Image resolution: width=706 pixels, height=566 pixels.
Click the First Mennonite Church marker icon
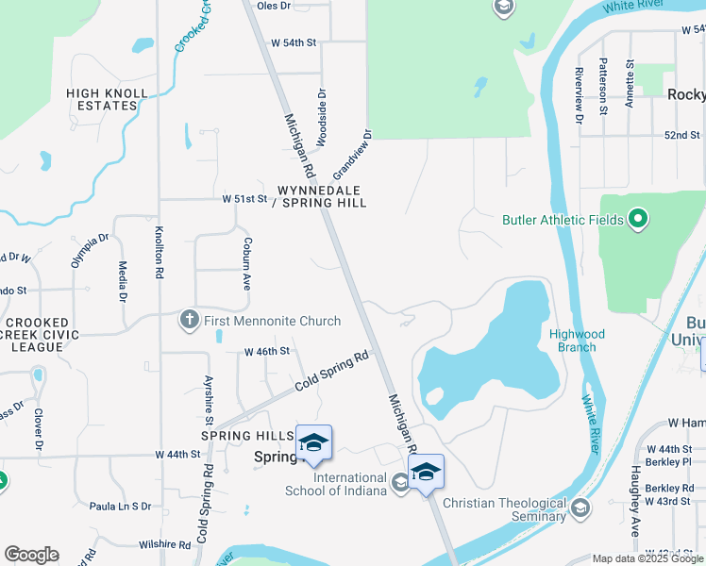click(189, 322)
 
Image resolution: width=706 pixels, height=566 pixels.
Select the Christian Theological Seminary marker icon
click(580, 509)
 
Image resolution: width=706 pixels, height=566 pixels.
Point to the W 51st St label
click(245, 199)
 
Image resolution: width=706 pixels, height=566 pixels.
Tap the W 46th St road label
click(266, 351)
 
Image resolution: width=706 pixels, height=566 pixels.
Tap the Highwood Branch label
click(577, 341)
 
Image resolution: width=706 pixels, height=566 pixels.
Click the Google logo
click(31, 555)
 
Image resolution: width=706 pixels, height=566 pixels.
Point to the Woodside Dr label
click(322, 118)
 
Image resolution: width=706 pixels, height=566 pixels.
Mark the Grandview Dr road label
click(353, 156)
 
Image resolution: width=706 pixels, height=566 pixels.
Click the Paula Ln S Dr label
click(120, 507)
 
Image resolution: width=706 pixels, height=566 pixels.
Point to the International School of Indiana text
click(337, 484)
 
